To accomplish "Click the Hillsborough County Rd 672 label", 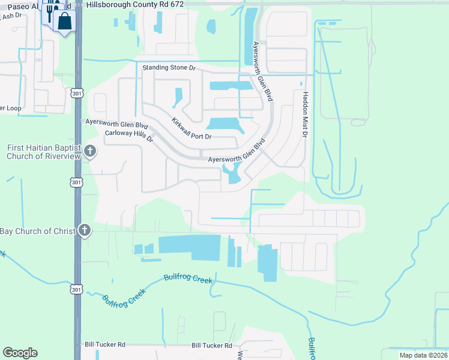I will pyautogui.click(x=134, y=4).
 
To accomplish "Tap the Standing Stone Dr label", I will pyautogui.click(x=169, y=68).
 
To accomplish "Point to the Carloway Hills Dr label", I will pyautogui.click(x=130, y=136).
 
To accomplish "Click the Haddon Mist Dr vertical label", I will pyautogui.click(x=305, y=115).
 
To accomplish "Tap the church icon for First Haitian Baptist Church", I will pyautogui.click(x=90, y=151).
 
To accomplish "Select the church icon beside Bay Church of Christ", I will pyautogui.click(x=85, y=230).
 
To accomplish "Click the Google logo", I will pyautogui.click(x=20, y=353).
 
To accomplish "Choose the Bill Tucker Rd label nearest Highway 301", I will pyautogui.click(x=104, y=345).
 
